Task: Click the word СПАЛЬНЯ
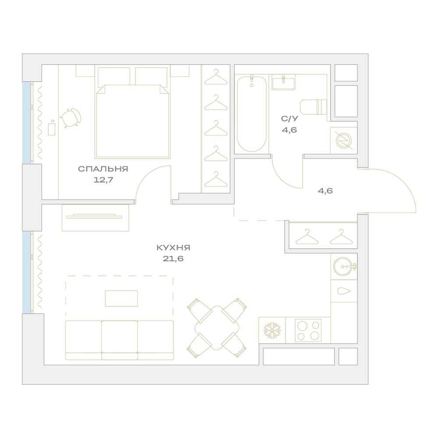tap(103, 169)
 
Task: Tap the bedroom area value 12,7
tap(103, 180)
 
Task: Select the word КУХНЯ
tap(173, 248)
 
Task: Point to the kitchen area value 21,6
tap(173, 259)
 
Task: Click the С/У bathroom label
tap(290, 119)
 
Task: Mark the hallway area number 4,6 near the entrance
tap(325, 191)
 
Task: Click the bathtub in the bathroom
tap(251, 114)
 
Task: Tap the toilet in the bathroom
tap(313, 107)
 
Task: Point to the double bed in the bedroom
tap(133, 121)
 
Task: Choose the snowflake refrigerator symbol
tap(272, 330)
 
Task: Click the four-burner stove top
tap(308, 330)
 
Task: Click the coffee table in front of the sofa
tap(121, 298)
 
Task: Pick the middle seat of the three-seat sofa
tap(119, 340)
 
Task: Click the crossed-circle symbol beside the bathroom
tap(343, 141)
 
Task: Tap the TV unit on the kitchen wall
tap(95, 218)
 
